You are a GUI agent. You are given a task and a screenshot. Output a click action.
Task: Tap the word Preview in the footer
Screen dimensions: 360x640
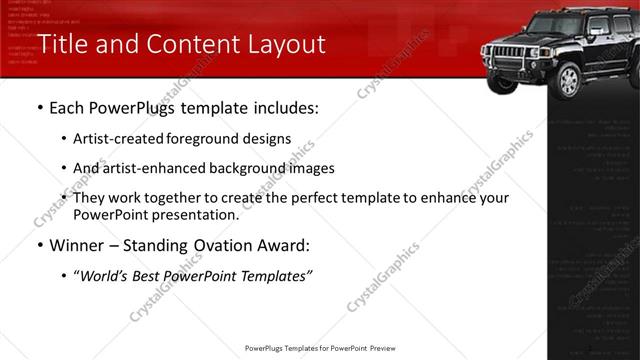[x=383, y=349]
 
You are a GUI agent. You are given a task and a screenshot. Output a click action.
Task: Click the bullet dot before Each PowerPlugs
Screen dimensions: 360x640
[x=38, y=107]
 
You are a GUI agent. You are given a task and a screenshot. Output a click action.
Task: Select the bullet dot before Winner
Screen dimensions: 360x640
[x=38, y=245]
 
